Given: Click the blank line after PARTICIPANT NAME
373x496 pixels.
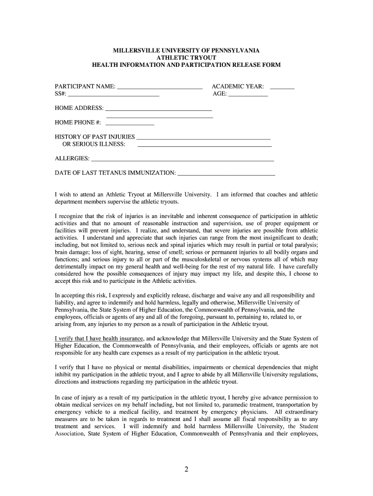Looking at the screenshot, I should (x=160, y=89).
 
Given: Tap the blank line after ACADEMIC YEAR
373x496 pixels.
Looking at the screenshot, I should (x=282, y=89).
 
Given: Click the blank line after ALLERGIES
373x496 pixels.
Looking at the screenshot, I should (x=183, y=160).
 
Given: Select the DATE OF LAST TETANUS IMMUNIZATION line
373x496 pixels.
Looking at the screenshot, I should (x=227, y=174).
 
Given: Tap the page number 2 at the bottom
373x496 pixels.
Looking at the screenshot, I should (x=186, y=468).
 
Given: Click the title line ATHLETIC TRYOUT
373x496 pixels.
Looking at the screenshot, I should (x=186, y=58).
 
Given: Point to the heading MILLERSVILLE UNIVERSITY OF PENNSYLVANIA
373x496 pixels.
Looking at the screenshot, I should (x=186, y=50).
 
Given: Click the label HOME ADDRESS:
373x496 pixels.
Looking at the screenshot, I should (x=79, y=108).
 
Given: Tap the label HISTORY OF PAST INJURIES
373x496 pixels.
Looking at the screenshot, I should (x=95, y=137).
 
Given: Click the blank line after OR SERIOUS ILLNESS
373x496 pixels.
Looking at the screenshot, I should (x=204, y=145).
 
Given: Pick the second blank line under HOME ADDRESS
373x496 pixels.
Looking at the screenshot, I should (x=159, y=117).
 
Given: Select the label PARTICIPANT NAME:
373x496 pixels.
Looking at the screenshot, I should (x=85, y=87).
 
